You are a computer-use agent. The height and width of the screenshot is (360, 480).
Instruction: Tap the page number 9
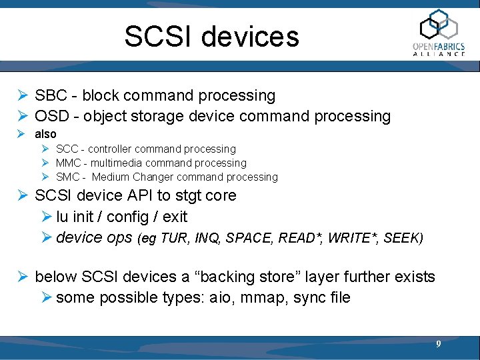[438, 344]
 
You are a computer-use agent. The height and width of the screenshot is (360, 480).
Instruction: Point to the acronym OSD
[51, 116]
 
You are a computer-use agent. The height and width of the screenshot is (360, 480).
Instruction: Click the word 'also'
[45, 134]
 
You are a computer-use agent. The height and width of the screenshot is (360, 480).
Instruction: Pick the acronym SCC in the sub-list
[67, 149]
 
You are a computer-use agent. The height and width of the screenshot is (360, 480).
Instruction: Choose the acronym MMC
[67, 163]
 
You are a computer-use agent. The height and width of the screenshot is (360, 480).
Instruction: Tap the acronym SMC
[67, 177]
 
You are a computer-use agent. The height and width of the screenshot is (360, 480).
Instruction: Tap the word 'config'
[124, 217]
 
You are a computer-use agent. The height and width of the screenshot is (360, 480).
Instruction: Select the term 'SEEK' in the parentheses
[401, 238]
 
